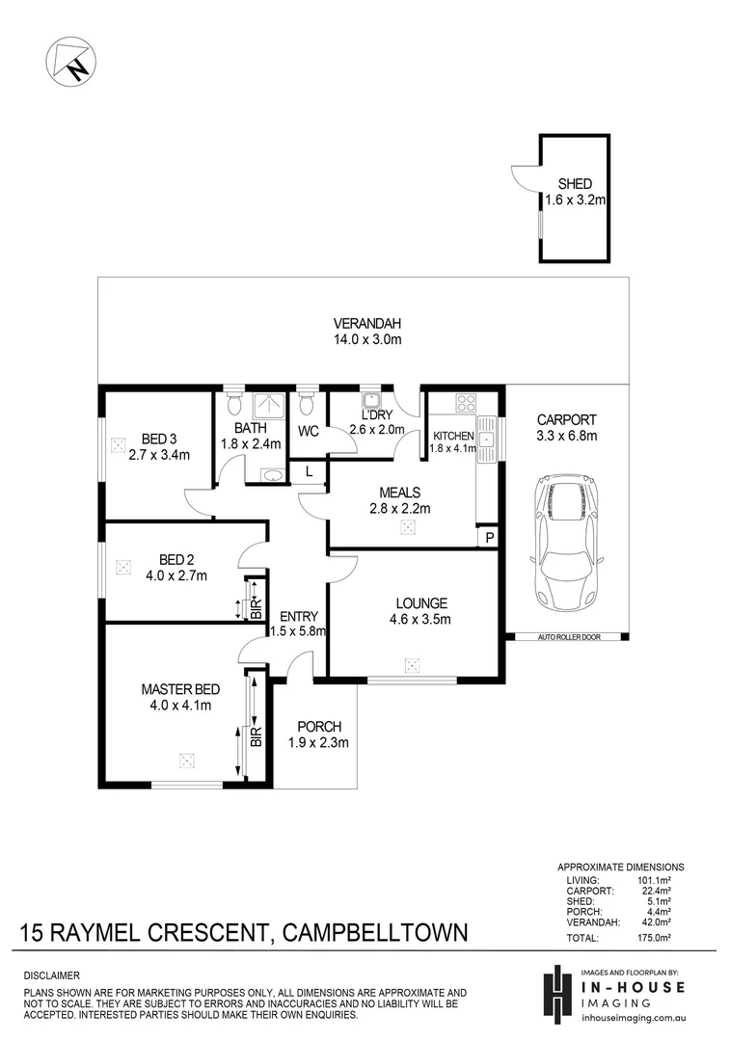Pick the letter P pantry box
pos(490,537)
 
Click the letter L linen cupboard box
pos(309,471)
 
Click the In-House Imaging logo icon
pos(557,993)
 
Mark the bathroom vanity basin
pos(270,474)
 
